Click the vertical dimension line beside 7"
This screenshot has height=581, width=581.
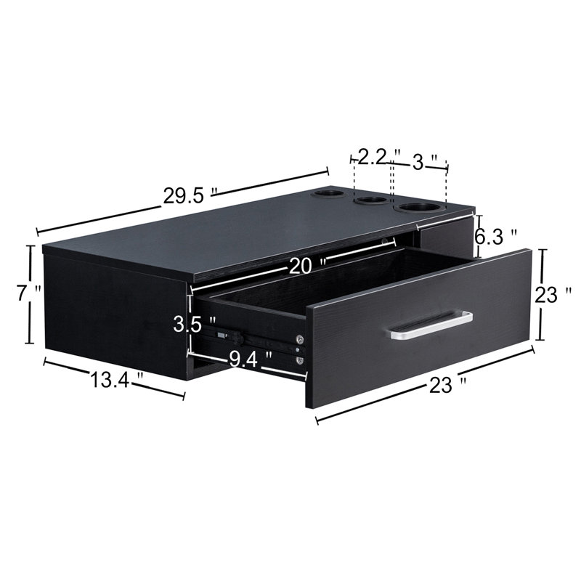31,294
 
